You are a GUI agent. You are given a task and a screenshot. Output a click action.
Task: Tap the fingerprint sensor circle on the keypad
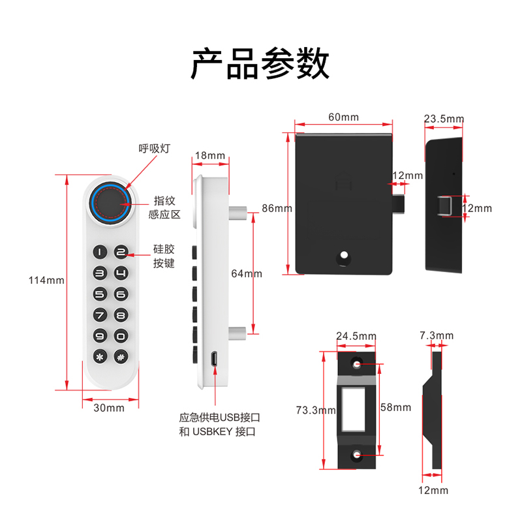click(x=111, y=202)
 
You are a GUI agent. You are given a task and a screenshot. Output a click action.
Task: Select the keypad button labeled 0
click(x=121, y=337)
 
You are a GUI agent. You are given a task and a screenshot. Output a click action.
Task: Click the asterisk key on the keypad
click(x=99, y=357)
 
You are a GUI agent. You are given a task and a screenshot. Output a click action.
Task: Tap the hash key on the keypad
click(x=121, y=357)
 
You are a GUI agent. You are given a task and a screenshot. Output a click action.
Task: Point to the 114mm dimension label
click(x=46, y=281)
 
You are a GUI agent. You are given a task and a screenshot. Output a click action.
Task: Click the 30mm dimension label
click(x=109, y=408)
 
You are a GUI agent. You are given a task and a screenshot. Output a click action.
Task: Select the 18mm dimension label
click(x=209, y=156)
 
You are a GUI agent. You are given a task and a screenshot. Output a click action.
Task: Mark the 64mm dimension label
click(x=247, y=273)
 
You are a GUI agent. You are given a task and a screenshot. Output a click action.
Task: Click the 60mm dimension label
click(x=343, y=117)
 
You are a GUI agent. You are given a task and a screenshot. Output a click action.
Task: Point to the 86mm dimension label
click(x=277, y=208)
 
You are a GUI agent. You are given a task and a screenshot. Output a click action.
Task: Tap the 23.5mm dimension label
click(x=444, y=119)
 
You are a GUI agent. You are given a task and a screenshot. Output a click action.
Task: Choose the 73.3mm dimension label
click(x=315, y=410)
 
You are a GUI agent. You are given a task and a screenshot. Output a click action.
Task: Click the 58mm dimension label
click(x=395, y=407)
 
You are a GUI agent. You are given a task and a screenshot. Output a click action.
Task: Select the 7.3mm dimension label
click(x=436, y=335)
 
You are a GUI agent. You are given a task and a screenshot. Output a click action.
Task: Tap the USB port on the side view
click(x=214, y=358)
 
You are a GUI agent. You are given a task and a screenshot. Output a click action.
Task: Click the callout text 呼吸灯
click(x=154, y=148)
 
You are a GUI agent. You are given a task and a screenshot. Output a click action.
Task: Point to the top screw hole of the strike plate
click(x=357, y=362)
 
